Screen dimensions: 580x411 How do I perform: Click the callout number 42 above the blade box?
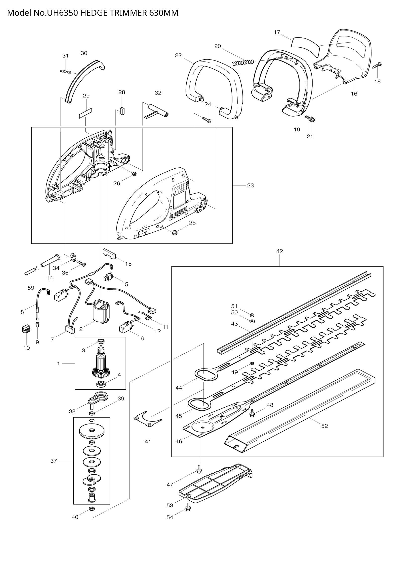(x=279, y=251)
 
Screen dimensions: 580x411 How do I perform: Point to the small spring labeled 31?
(x=66, y=72)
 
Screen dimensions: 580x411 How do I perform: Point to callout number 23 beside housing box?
(x=250, y=185)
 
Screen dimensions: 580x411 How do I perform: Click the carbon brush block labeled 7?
(x=71, y=329)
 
